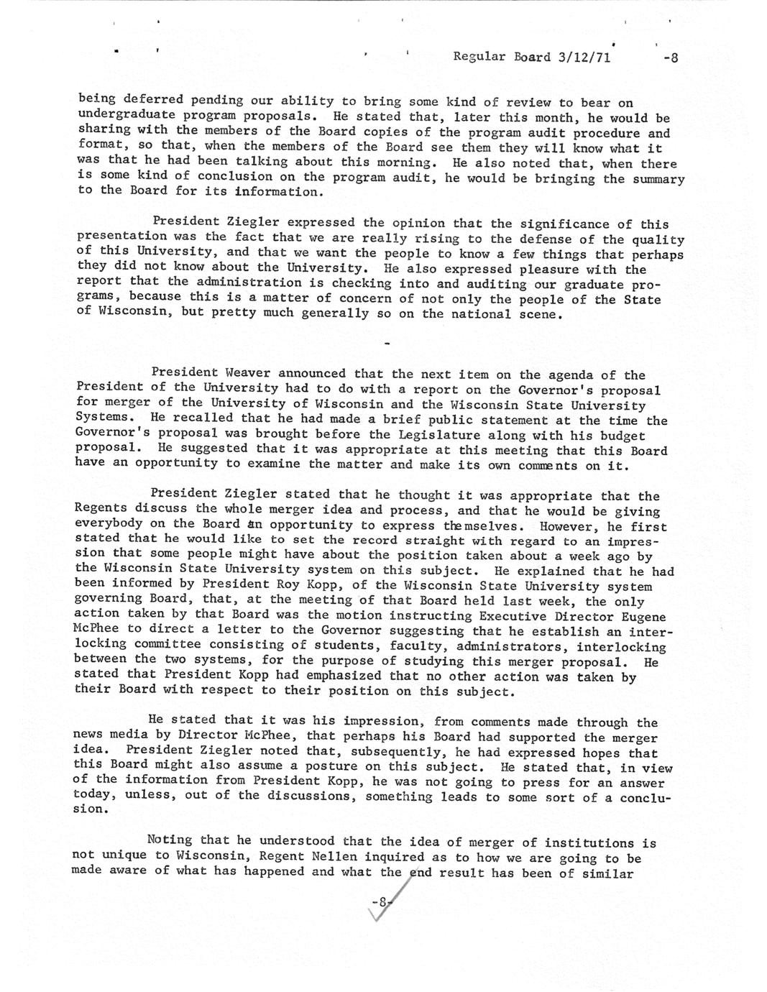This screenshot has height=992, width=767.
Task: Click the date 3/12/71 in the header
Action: [x=583, y=58]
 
